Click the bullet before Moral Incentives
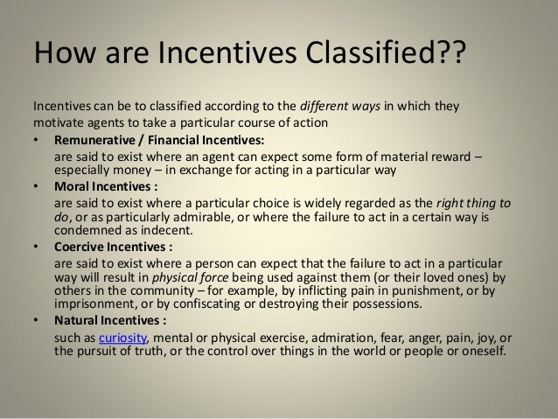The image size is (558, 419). click(x=36, y=186)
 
